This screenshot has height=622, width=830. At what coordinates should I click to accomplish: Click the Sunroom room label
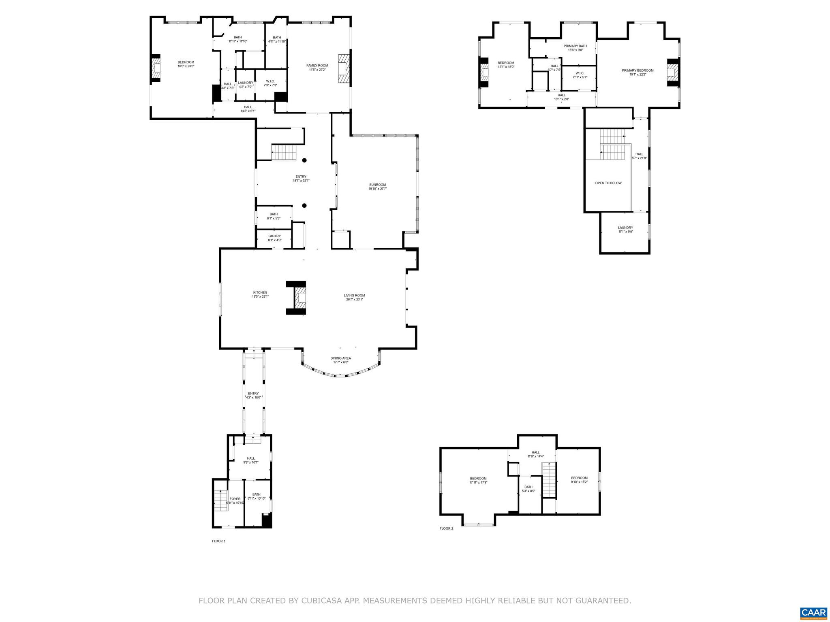pyautogui.click(x=377, y=185)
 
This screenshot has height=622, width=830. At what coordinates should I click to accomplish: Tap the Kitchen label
pyautogui.click(x=260, y=292)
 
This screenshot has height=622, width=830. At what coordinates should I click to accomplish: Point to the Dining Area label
pyautogui.click(x=340, y=358)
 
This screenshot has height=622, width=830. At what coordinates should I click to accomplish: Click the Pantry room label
pyautogui.click(x=274, y=236)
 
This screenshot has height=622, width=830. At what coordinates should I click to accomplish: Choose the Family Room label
pyautogui.click(x=317, y=66)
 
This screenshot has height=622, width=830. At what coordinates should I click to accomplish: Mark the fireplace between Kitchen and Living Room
pyautogui.click(x=300, y=298)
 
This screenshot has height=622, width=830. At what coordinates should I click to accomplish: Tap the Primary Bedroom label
pyautogui.click(x=637, y=70)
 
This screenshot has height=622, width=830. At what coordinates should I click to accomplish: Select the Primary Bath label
pyautogui.click(x=575, y=46)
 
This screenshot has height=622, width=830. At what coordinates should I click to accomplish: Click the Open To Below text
pyautogui.click(x=608, y=183)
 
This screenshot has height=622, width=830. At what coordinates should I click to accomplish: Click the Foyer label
pyautogui.click(x=235, y=499)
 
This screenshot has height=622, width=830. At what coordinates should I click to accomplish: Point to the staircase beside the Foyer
pyautogui.click(x=220, y=501)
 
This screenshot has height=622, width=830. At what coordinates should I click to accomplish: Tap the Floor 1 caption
pyautogui.click(x=218, y=541)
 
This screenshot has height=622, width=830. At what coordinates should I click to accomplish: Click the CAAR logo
pyautogui.click(x=813, y=613)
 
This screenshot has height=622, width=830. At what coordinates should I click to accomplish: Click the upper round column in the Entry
pyautogui.click(x=304, y=160)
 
